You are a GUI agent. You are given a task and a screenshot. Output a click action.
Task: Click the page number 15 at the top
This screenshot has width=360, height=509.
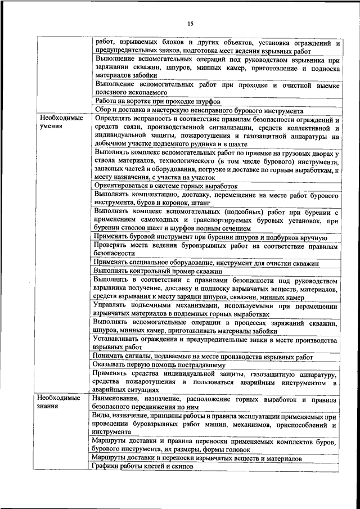pyautogui.click(x=190, y=24)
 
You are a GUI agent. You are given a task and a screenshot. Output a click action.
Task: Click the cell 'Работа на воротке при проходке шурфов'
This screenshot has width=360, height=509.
pyautogui.click(x=157, y=101)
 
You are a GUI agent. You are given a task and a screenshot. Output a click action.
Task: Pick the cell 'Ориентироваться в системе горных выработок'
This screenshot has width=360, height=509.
pyautogui.click(x=166, y=185)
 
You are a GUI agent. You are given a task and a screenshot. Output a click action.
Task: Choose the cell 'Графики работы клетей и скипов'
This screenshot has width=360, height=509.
pyautogui.click(x=143, y=467)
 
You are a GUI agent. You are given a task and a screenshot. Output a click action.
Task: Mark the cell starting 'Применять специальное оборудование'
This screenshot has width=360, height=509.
pyautogui.click(x=206, y=262)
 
